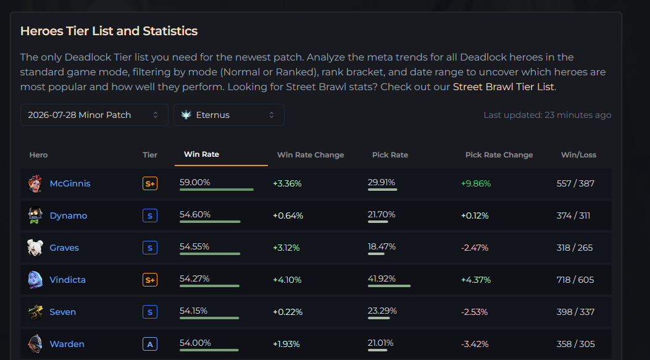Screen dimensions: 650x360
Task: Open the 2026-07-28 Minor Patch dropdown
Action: pyautogui.click(x=94, y=115)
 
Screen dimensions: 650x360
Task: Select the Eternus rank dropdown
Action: pyautogui.click(x=229, y=115)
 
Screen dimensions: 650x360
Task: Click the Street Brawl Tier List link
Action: pyautogui.click(x=503, y=86)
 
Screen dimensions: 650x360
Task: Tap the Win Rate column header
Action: pyautogui.click(x=201, y=154)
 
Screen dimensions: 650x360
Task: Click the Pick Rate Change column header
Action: pyautogui.click(x=499, y=155)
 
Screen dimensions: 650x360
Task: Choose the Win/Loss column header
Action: pyautogui.click(x=578, y=155)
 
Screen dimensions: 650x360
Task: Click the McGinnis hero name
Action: pyautogui.click(x=70, y=183)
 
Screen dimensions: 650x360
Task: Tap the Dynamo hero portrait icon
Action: pyautogui.click(x=35, y=216)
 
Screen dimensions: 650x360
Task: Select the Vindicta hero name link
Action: pyautogui.click(x=67, y=280)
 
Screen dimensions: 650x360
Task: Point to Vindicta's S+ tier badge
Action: pyautogui.click(x=150, y=280)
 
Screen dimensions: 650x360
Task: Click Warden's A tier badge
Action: pyautogui.click(x=150, y=344)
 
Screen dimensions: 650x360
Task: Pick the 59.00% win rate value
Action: pyautogui.click(x=195, y=182)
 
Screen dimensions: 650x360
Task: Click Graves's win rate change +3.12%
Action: pyautogui.click(x=286, y=248)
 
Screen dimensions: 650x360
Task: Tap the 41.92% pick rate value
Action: pyautogui.click(x=381, y=278)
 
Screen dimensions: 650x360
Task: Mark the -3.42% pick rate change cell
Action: pyautogui.click(x=475, y=344)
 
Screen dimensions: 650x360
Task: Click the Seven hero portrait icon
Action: pyautogui.click(x=35, y=312)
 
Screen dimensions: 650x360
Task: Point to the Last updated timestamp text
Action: pyautogui.click(x=547, y=115)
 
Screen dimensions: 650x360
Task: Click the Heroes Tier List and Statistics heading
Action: pyautogui.click(x=109, y=31)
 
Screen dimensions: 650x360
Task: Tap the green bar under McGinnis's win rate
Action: pyautogui.click(x=217, y=190)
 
